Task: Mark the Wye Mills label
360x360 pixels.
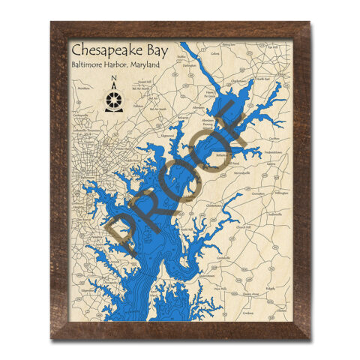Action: tap(222, 288)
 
